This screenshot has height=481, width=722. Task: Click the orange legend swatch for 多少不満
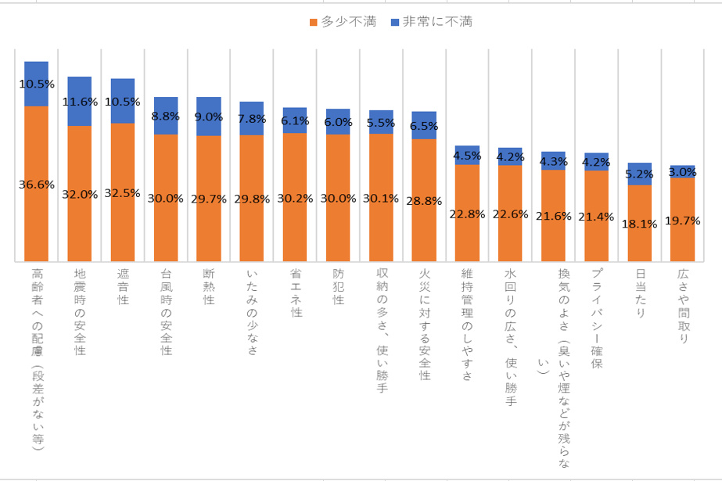314,22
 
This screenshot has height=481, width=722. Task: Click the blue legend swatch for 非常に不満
395,22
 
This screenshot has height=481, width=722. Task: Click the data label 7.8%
251,119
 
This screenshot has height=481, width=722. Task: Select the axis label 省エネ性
295,293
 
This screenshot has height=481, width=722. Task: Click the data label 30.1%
380,198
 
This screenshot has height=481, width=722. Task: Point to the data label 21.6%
553,216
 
